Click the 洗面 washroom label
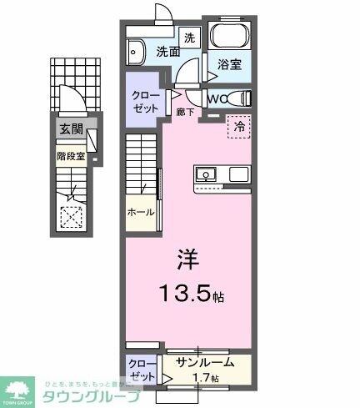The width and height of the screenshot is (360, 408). tap(168, 51)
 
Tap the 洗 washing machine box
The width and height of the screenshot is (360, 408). tap(190, 38)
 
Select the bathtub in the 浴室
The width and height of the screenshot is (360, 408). tap(228, 35)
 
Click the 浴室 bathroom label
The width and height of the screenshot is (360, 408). tap(229, 64)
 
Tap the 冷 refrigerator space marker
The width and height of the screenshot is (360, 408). tap(239, 128)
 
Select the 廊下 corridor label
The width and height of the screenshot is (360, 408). tap(185, 110)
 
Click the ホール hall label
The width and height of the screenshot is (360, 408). tap(141, 212)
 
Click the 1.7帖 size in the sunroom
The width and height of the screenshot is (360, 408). tap(204, 378)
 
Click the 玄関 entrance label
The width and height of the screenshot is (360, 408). tap(70, 128)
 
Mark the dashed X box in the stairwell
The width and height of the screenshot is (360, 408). tap(72, 216)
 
